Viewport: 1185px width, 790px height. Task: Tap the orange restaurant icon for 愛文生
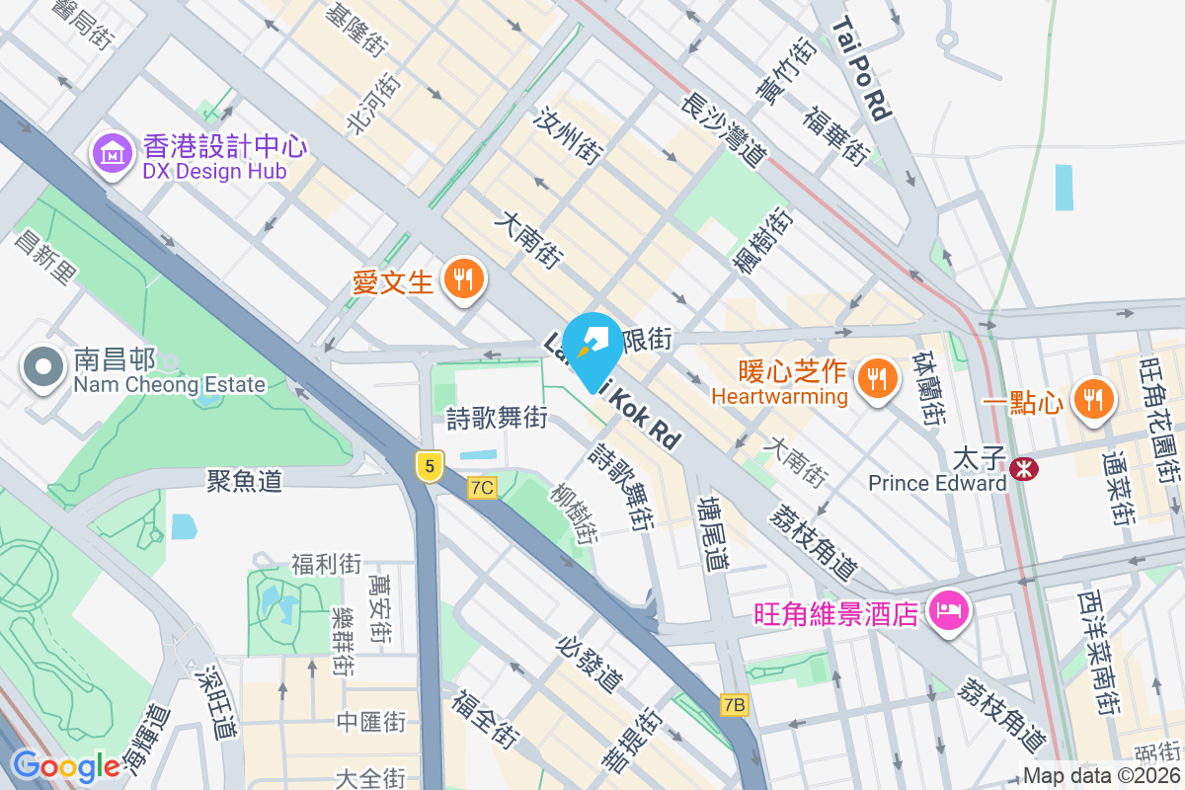click(462, 279)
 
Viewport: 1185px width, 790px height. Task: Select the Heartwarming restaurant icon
click(875, 376)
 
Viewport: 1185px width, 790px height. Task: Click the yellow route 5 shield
click(428, 465)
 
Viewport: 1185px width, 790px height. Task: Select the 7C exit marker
click(482, 487)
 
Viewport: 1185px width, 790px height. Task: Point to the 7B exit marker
click(734, 705)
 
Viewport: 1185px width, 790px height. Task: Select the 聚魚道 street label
click(244, 481)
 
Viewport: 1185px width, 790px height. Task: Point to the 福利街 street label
click(326, 565)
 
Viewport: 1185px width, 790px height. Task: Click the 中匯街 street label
click(371, 722)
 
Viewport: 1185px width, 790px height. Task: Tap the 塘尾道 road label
click(712, 533)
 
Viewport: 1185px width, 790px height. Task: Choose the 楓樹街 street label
click(761, 240)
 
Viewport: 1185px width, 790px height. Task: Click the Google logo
click(65, 766)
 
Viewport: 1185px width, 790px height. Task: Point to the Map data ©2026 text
click(1101, 775)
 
